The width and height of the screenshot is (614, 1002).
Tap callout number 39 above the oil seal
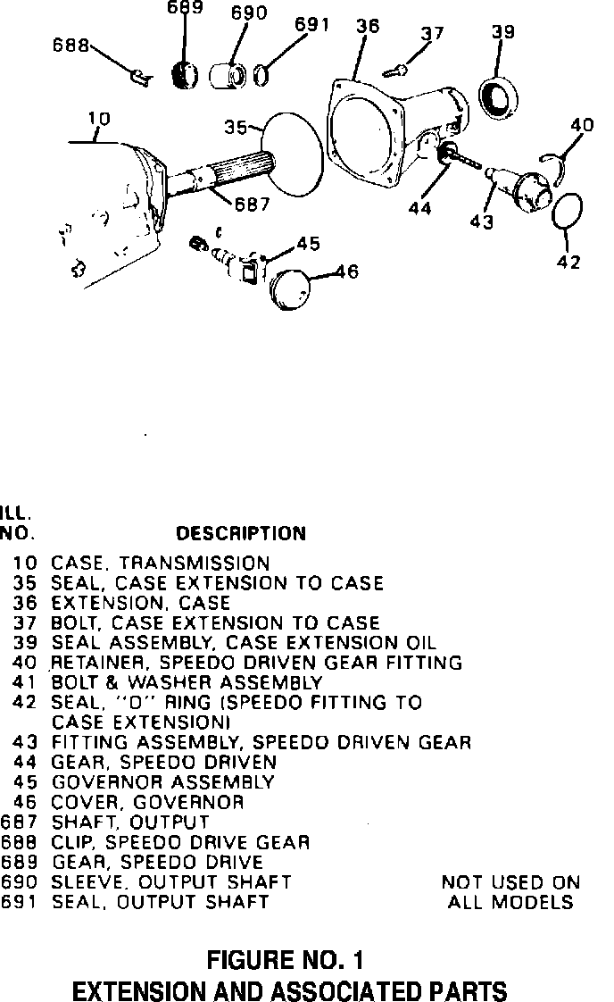[502, 32]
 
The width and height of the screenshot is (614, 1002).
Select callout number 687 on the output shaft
[253, 203]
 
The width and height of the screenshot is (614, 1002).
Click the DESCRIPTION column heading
[241, 534]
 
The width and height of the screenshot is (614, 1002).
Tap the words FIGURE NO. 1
[286, 961]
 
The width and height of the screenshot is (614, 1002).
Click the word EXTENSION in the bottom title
[140, 990]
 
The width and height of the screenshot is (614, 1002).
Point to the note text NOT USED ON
[510, 882]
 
